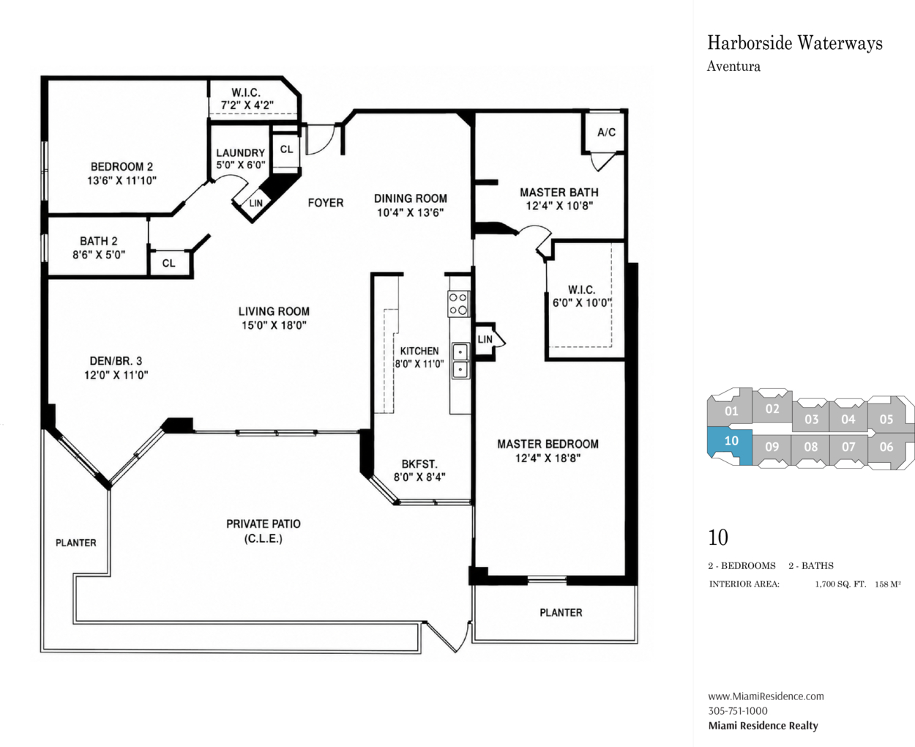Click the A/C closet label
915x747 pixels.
point(606,133)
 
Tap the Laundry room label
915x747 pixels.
point(240,153)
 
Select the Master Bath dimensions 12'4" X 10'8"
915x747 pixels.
point(559,206)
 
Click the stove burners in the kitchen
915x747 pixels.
point(458,304)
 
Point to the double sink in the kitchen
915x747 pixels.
point(460,361)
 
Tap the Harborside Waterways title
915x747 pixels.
point(795,43)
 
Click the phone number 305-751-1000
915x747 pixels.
point(738,710)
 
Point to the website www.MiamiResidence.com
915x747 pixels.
point(766,696)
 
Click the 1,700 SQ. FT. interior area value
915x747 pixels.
point(840,584)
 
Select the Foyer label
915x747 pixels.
point(326,203)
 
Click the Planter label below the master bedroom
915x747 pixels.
point(561,612)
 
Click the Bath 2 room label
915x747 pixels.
point(99,241)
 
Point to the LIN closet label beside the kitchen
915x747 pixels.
point(485,339)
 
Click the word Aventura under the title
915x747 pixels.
point(733,67)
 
